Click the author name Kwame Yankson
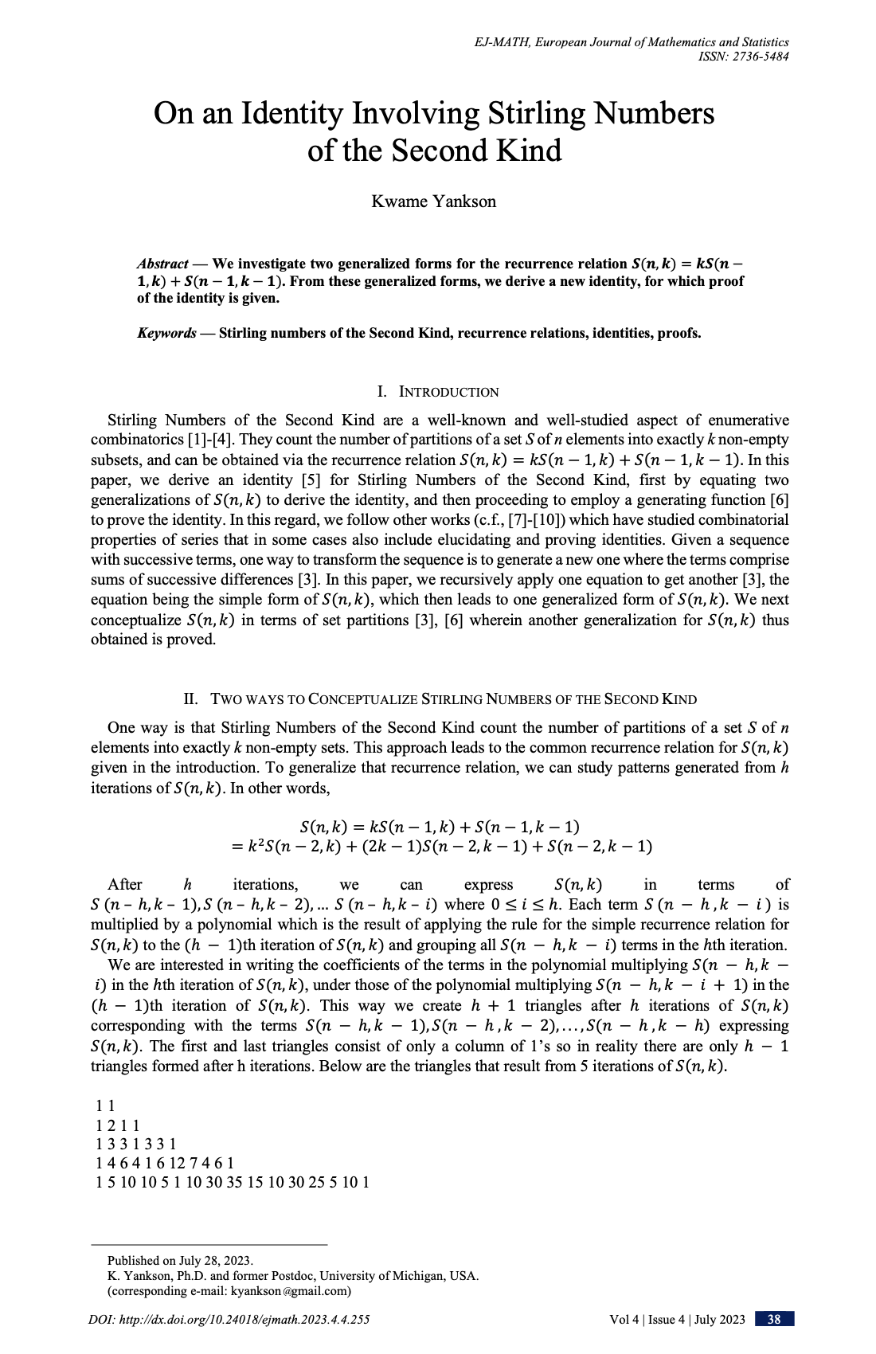[433, 202]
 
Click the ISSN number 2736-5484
[757, 57]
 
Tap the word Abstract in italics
[162, 264]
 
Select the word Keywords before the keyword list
[166, 333]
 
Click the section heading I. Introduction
[438, 392]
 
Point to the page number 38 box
[774, 1320]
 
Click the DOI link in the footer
[229, 1320]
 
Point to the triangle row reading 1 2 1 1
[117, 1125]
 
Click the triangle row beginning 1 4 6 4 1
[164, 1163]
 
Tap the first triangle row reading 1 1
[105, 1106]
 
